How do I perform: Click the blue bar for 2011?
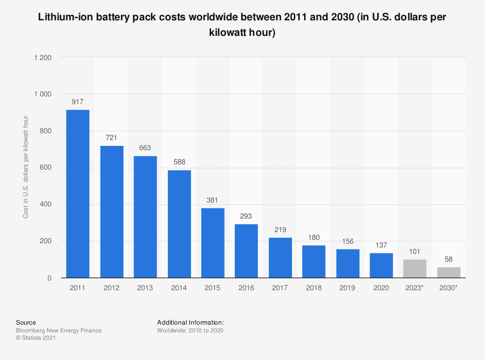tap(78, 194)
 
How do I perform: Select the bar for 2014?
tap(179, 224)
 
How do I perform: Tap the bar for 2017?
tap(280, 258)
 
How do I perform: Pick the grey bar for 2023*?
tap(415, 269)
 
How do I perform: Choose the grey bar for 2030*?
tap(449, 273)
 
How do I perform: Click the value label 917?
tap(78, 102)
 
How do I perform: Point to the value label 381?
tap(213, 200)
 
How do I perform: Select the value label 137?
tap(381, 245)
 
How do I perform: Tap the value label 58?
tap(449, 259)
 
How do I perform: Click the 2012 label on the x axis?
tap(112, 288)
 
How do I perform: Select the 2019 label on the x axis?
tap(348, 288)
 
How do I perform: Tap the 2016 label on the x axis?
tap(246, 288)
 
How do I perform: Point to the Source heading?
tap(26, 322)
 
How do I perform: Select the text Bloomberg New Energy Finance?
tap(59, 330)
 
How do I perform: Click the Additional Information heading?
tap(190, 322)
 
